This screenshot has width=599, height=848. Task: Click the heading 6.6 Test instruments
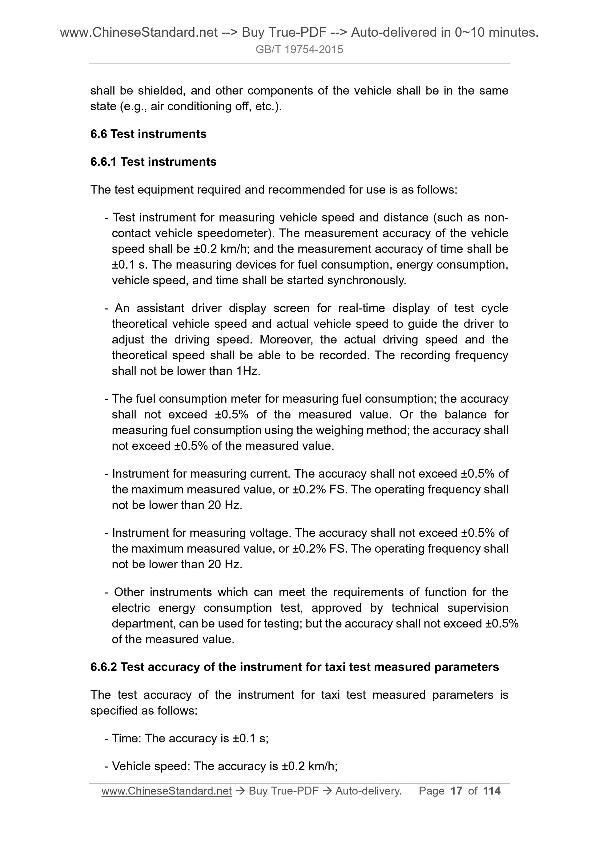click(x=148, y=134)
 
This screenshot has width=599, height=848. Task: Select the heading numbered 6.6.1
click(x=153, y=162)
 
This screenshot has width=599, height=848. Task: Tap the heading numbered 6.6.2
click(x=294, y=667)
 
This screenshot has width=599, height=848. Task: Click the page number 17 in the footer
click(x=456, y=791)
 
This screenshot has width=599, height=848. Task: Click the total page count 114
click(x=491, y=791)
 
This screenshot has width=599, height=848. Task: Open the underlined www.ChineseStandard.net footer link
click(x=167, y=791)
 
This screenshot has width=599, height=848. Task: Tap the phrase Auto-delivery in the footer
click(x=368, y=791)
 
